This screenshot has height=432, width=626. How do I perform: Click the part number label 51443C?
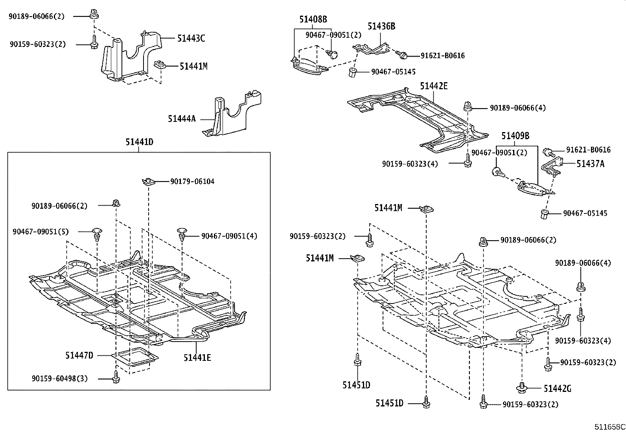pos(191,39)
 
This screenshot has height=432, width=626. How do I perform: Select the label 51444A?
pos(181,119)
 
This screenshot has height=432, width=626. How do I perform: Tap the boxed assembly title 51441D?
pos(139,142)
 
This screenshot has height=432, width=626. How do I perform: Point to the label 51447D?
pos(79,356)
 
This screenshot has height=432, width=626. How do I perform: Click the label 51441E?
pos(197,358)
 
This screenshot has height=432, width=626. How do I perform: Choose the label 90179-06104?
pos(192,182)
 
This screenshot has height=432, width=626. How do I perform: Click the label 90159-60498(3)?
pos(60,379)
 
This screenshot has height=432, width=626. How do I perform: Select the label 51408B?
pos(313,19)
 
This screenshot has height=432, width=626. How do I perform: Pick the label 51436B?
pos(381,26)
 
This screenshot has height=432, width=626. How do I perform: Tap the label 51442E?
pos(433,86)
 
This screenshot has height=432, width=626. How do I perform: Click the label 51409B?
pos(515,136)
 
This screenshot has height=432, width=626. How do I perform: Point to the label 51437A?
pos(590,164)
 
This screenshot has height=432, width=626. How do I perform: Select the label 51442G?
pos(557,389)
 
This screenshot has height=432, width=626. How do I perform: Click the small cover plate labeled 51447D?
pos(135,358)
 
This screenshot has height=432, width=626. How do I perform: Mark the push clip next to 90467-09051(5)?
pos(97,235)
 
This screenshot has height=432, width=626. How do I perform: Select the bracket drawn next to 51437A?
pos(552,166)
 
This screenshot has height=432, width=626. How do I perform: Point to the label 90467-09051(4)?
pos(229,236)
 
